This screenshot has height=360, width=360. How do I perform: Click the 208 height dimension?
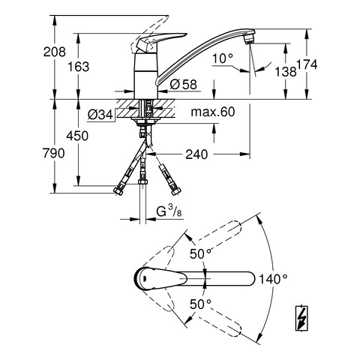pos(55,52)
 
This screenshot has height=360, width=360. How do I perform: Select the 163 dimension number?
pos(79,67)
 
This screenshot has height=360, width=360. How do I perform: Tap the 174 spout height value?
pos(307,64)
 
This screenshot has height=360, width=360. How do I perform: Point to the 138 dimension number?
pos(286,71)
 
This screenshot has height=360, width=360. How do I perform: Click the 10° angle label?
pos(223,59)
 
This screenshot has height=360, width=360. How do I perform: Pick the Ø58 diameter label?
pos(183,84)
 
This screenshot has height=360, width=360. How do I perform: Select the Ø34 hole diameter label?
pos(100,115)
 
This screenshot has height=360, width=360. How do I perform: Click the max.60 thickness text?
pos(213,112)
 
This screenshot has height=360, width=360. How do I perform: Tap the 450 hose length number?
pos(77,136)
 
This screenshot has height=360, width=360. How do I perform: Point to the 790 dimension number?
pos(54,153)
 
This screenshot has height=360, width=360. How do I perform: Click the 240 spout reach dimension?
pos(196,154)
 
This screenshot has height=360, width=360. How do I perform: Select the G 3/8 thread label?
pos(169,212)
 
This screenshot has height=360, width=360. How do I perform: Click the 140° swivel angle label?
pos(273,279)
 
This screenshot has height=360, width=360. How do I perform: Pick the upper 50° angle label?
pos(200,254)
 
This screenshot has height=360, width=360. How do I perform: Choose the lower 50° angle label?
pos(200,304)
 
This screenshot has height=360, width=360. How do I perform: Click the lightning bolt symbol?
pos(301,318)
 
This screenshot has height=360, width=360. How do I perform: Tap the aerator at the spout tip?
pos(248,39)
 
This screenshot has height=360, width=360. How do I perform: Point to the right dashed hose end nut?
pos(176,191)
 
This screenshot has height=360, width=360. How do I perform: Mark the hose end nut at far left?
pos(118,190)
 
